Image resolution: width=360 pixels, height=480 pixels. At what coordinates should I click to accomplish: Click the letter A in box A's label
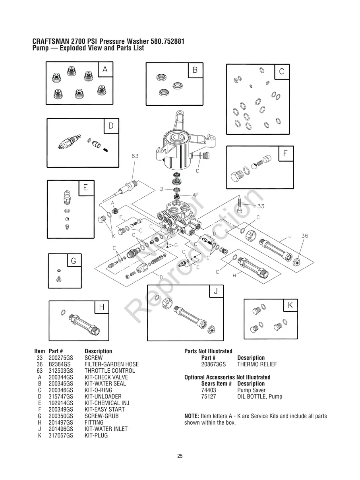coord(105,69)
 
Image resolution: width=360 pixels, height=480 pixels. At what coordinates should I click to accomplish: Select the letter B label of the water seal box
coord(195,70)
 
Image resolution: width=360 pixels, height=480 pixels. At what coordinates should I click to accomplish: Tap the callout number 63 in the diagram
coord(135,156)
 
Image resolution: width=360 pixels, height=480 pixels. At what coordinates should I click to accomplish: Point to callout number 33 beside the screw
coord(261,206)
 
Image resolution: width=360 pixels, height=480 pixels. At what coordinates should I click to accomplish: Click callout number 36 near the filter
coord(304,236)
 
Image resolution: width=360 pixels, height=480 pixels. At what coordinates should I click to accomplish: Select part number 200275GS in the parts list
coord(61,358)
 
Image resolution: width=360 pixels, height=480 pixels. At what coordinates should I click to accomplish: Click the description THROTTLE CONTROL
coord(110,371)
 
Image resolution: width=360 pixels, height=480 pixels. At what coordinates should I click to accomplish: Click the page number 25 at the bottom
coord(180,456)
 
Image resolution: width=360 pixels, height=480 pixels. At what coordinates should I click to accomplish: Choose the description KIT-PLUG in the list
coord(96,435)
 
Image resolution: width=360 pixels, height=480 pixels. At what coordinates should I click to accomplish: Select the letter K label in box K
coord(290,305)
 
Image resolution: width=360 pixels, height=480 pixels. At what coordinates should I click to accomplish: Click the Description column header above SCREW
coord(98,351)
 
